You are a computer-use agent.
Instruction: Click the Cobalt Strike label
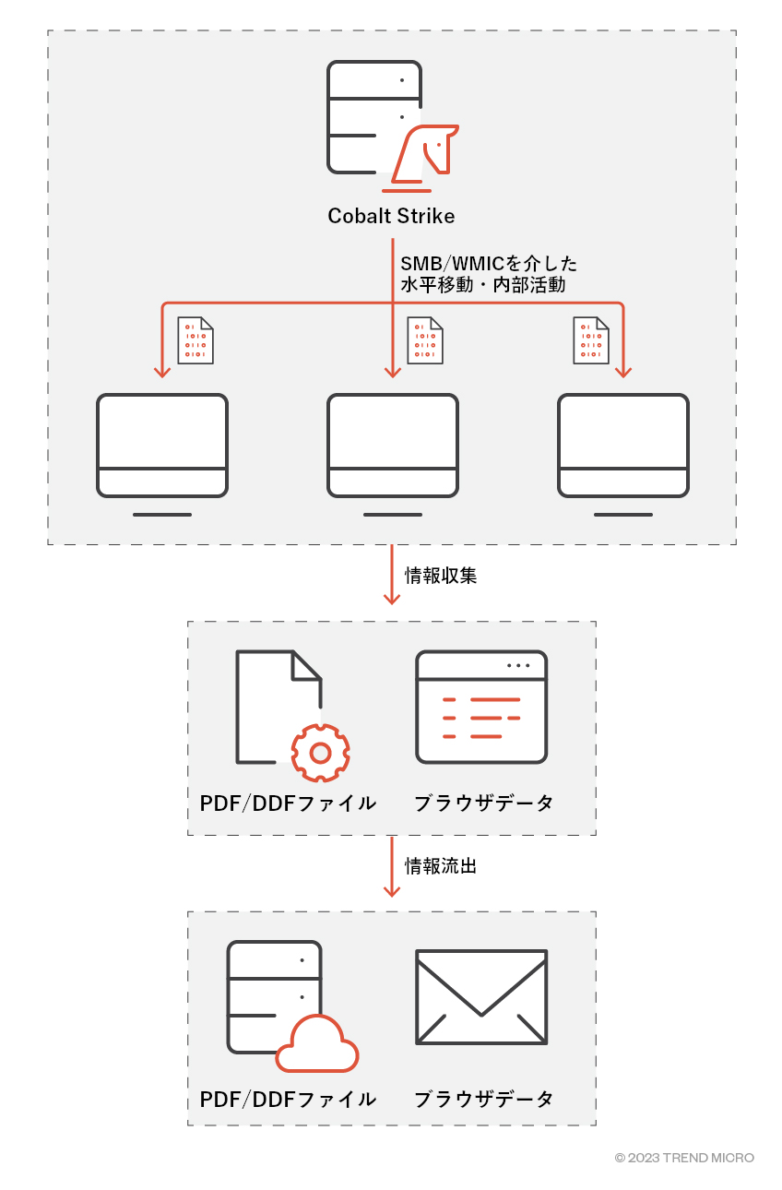391,217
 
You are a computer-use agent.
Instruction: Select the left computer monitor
162,446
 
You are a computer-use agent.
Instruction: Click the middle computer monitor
393,446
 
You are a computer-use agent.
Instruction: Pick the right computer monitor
623,446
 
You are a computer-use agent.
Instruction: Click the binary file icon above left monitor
195,340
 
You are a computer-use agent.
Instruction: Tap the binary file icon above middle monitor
425,340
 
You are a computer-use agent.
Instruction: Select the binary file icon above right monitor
590,340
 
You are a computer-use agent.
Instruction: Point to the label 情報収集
441,577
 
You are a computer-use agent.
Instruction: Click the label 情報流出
441,866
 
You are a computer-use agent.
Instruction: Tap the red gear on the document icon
320,753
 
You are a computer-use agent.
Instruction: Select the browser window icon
481,707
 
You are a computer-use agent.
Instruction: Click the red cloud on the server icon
318,1046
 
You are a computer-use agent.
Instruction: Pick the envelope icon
481,997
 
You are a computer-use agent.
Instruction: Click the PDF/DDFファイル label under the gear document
288,803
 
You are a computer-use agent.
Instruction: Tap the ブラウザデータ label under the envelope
483,1100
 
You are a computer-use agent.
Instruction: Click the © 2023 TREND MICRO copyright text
684,1158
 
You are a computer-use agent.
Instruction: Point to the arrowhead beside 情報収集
392,599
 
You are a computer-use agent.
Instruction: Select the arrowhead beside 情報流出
392,889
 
